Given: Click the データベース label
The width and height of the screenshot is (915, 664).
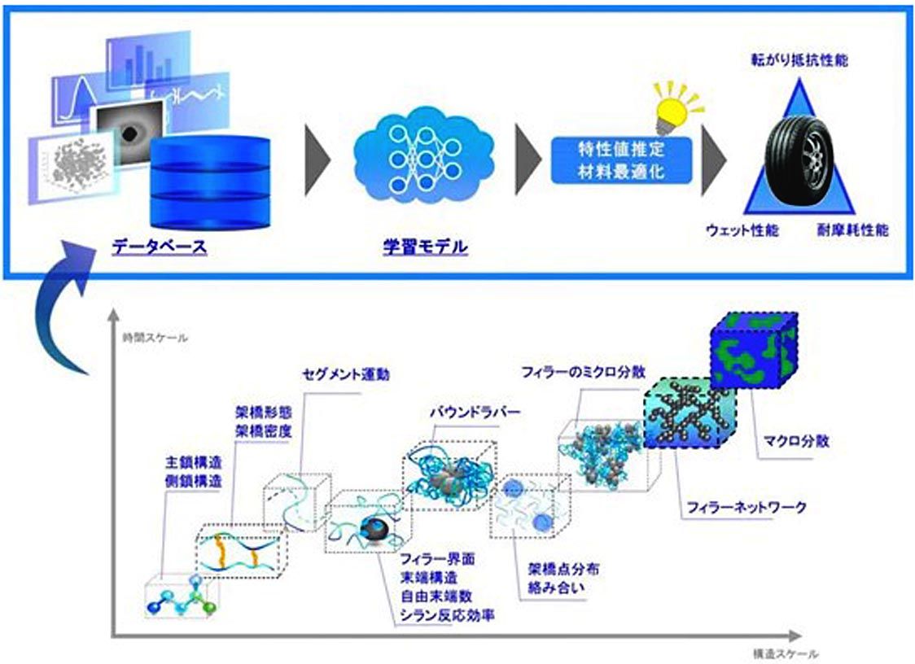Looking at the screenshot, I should click(x=160, y=245).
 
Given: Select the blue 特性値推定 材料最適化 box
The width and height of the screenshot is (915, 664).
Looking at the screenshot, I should click(x=620, y=159).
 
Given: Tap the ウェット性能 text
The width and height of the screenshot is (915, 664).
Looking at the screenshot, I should click(x=741, y=230).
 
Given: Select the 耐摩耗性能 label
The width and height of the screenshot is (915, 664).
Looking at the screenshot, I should click(x=852, y=230).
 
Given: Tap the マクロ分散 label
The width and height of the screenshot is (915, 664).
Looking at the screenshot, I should click(x=796, y=443).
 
